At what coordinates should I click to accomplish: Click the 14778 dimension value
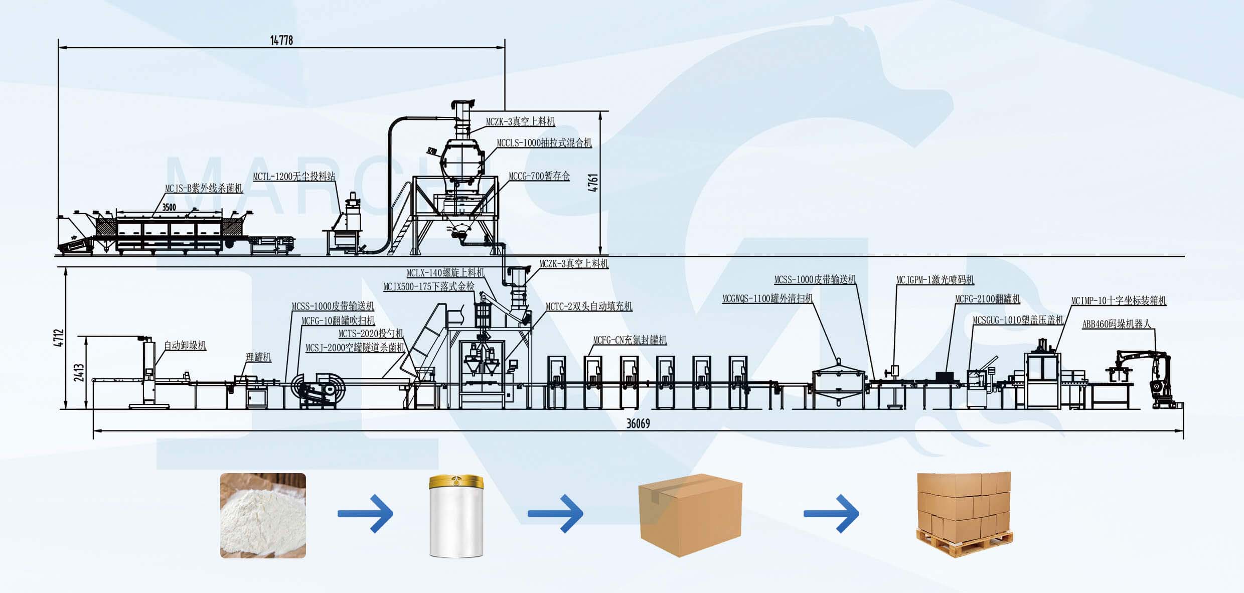click(281, 40)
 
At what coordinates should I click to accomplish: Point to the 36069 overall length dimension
click(638, 423)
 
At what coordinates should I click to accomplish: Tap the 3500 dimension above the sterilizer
click(169, 207)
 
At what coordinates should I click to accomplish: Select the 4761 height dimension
click(593, 183)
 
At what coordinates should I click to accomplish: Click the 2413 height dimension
click(79, 372)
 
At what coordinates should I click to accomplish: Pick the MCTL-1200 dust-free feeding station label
click(294, 177)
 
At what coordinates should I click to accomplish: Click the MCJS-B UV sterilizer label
click(204, 188)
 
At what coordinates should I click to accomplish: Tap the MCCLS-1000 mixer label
click(544, 143)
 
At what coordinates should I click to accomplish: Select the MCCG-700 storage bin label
click(539, 176)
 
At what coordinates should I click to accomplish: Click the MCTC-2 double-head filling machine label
click(588, 306)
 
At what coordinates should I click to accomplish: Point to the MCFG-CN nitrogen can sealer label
click(630, 340)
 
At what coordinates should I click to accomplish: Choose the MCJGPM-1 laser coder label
click(935, 280)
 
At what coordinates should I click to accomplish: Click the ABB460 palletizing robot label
click(1116, 324)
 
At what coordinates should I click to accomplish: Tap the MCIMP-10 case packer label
click(1119, 301)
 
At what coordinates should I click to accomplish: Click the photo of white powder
click(263, 515)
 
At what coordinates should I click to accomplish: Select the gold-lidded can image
click(456, 516)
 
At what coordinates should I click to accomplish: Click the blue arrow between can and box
click(555, 513)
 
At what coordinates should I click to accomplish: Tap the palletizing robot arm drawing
click(1149, 376)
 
